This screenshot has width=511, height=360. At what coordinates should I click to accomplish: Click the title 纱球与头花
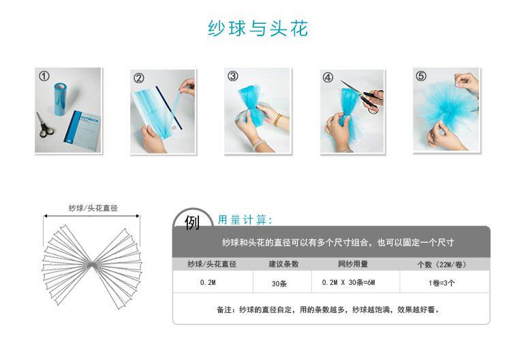point(258,29)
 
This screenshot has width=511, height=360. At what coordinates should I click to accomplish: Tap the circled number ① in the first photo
point(44,76)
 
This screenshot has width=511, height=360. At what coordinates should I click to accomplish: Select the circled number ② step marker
point(139,78)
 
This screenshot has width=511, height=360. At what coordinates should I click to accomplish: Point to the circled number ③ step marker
point(233,76)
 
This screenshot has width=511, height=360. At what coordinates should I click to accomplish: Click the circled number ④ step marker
point(328,77)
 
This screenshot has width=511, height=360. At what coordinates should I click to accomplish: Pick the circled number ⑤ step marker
point(421,76)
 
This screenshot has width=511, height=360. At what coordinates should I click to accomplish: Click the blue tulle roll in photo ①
point(61,99)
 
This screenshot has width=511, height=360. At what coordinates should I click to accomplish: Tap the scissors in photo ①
point(45,125)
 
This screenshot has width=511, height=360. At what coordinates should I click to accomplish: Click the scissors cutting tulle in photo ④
point(364,96)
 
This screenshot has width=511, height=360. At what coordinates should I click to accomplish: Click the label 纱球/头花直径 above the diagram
point(93,208)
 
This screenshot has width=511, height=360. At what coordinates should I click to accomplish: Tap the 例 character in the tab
point(192,223)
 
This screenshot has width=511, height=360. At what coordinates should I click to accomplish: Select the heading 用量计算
point(245,220)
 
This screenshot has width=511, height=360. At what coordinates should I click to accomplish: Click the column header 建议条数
point(283,264)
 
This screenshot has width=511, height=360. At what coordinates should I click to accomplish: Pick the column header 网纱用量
point(353,264)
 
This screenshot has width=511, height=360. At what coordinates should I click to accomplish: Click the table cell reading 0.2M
point(208,282)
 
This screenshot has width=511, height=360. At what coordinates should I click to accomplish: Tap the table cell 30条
point(279,284)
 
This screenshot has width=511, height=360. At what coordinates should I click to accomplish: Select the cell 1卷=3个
point(442,283)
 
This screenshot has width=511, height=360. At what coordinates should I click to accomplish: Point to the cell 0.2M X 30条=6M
point(348,282)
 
